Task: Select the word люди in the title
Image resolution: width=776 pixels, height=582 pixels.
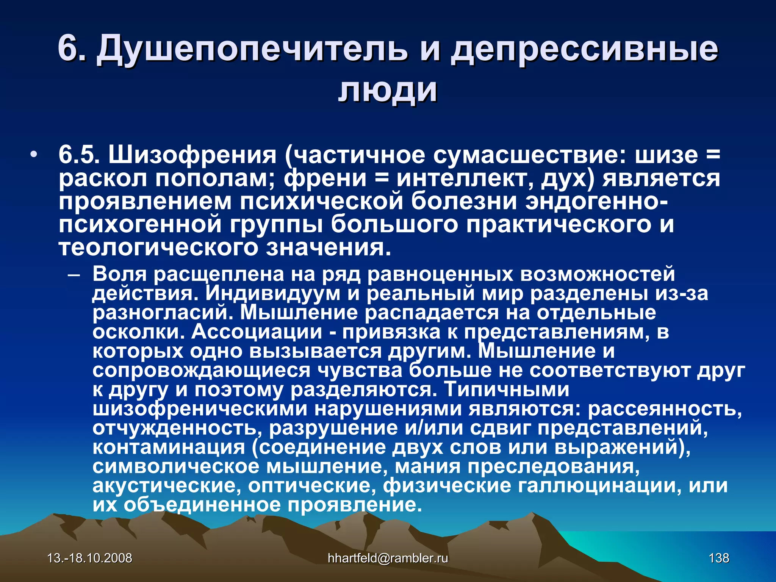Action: (x=388, y=91)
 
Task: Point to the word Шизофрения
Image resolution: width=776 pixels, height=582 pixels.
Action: (x=193, y=155)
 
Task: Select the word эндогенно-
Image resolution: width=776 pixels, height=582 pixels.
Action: (x=596, y=201)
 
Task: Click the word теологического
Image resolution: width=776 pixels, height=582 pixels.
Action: (x=158, y=248)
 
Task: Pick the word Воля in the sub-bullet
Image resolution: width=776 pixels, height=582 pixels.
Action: (x=119, y=274)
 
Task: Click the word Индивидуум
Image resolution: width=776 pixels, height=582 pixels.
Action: (x=273, y=293)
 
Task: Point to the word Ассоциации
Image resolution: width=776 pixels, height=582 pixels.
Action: (x=257, y=332)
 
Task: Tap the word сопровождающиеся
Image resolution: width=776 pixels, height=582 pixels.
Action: (x=201, y=371)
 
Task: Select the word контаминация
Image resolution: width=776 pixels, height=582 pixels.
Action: (x=169, y=447)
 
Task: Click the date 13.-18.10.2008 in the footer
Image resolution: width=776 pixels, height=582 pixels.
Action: (x=90, y=558)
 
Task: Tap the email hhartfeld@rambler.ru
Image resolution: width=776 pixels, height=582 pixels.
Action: (x=388, y=558)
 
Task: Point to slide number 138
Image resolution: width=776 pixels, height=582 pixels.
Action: (x=719, y=558)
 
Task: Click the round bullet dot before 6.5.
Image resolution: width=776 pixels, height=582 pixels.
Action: (x=34, y=155)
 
